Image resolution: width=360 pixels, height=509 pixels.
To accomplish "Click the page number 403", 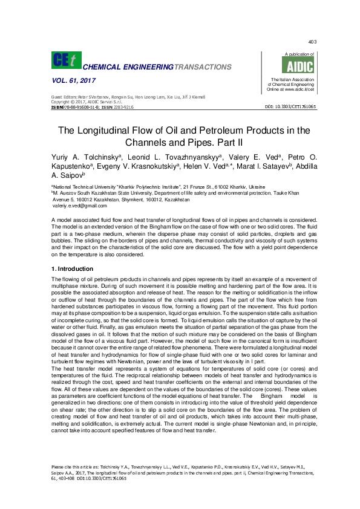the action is click(x=312, y=42).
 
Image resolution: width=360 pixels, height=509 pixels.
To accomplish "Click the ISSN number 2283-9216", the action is click(x=121, y=106).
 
